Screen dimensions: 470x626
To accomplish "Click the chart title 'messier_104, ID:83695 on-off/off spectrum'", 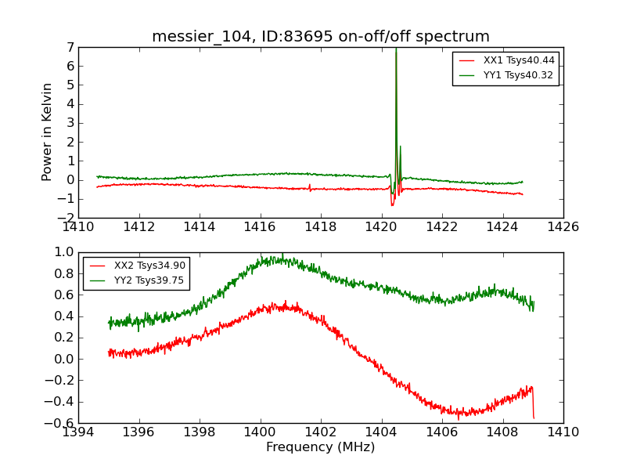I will (321, 37).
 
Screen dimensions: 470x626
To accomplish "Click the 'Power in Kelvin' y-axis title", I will (48, 132).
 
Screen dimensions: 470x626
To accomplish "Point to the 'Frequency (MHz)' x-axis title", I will (321, 447).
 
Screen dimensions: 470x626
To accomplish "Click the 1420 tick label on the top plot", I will (381, 226).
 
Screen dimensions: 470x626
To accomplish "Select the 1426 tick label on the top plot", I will (563, 226).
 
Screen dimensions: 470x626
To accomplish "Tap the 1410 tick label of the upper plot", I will (78, 226).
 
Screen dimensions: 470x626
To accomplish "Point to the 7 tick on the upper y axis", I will (70, 48).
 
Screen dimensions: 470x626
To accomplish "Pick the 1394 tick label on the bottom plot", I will (78, 432).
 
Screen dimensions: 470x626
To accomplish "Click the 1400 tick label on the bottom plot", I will (260, 432).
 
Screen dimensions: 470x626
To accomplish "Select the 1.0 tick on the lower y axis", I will (64, 252).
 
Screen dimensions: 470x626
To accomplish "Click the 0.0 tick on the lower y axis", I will (64, 359).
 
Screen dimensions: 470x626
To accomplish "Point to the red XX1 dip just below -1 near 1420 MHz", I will (392, 204).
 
